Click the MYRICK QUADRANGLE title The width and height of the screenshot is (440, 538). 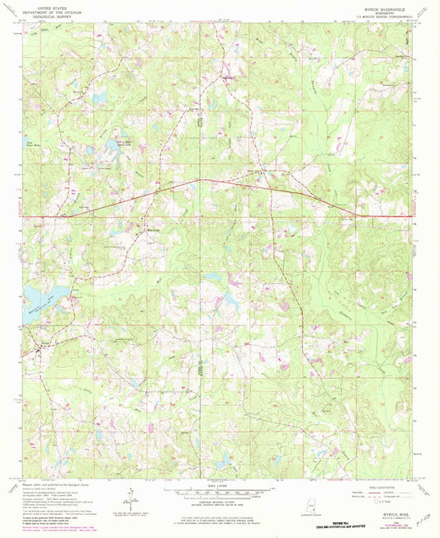click(381, 8)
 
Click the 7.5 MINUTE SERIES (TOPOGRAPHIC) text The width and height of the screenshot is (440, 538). click(381, 18)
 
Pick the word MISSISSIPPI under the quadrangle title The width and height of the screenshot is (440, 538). click(381, 13)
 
